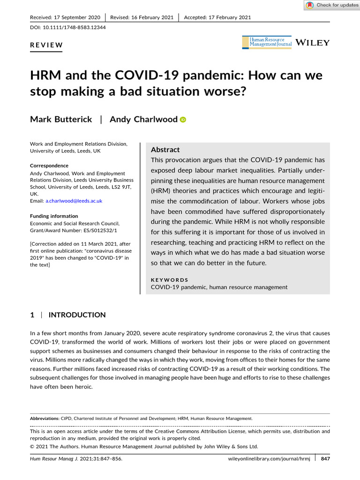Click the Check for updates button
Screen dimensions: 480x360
click(x=331, y=5)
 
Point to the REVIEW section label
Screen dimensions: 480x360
click(x=46, y=45)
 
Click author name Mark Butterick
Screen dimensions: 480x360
click(x=61, y=119)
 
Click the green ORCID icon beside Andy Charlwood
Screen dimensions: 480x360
click(x=183, y=120)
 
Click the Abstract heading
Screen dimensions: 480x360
click(x=165, y=150)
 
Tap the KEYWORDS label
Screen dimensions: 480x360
click(x=169, y=280)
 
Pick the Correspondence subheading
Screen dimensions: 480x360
click(x=49, y=165)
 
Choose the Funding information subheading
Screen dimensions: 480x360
click(x=54, y=216)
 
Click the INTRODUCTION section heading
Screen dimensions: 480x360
click(x=77, y=315)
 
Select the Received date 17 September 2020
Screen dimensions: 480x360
click(x=65, y=17)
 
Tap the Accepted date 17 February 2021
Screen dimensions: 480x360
click(x=217, y=17)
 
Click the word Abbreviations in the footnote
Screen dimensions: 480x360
click(x=45, y=418)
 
